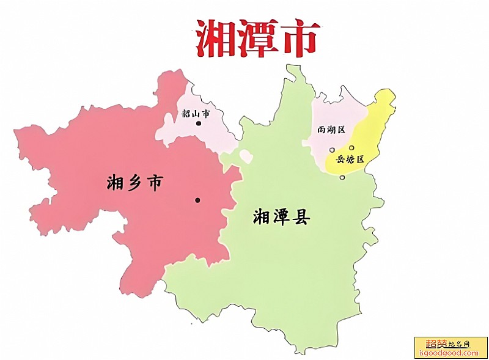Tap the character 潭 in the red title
[x=257, y=38]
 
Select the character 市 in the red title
[x=298, y=38]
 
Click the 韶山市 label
[x=196, y=114]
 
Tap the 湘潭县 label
[x=282, y=216]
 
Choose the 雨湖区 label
[x=332, y=130]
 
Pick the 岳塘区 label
[x=350, y=160]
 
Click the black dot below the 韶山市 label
[x=198, y=123]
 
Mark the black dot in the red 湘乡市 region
[x=197, y=200]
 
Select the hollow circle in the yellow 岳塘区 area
[x=351, y=147]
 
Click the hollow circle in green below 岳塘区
[x=342, y=178]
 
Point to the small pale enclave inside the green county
[x=246, y=156]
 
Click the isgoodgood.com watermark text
[x=450, y=353]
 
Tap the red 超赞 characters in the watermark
[x=432, y=344]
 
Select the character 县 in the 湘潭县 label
[x=301, y=216]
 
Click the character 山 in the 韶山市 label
[x=196, y=114]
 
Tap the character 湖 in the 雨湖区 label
[x=332, y=130]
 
